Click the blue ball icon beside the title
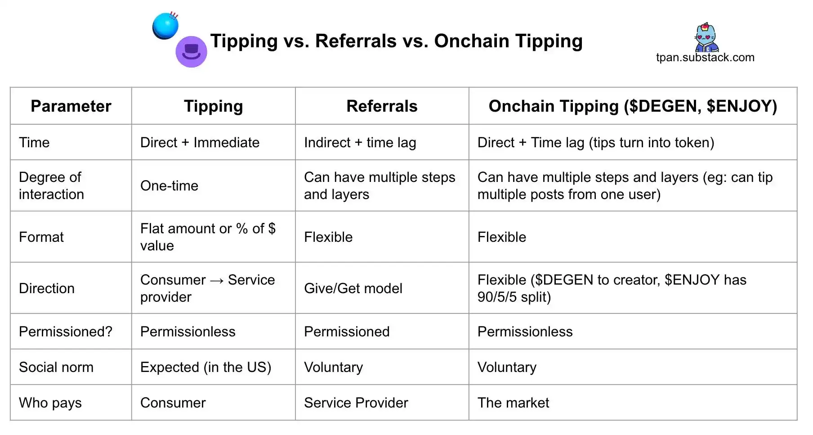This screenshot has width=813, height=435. [165, 26]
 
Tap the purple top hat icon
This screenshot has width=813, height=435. [191, 52]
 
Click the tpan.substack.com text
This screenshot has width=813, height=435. [705, 58]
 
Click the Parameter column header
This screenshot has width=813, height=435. [71, 106]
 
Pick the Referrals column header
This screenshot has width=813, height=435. [382, 106]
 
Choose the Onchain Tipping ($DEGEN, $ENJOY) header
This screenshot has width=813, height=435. [633, 106]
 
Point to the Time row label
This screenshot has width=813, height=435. [34, 142]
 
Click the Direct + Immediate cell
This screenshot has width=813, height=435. [200, 142]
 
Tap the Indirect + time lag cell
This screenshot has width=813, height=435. [360, 143]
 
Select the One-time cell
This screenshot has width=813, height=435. [169, 186]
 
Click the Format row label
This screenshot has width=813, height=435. [41, 237]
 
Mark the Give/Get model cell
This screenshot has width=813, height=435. [353, 288]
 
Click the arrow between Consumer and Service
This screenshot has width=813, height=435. [217, 281]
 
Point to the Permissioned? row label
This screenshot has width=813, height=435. [66, 331]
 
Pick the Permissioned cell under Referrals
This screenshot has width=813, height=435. [347, 331]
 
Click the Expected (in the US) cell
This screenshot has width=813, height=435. [205, 367]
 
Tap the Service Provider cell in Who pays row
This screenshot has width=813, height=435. [356, 403]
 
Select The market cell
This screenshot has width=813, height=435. [513, 403]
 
